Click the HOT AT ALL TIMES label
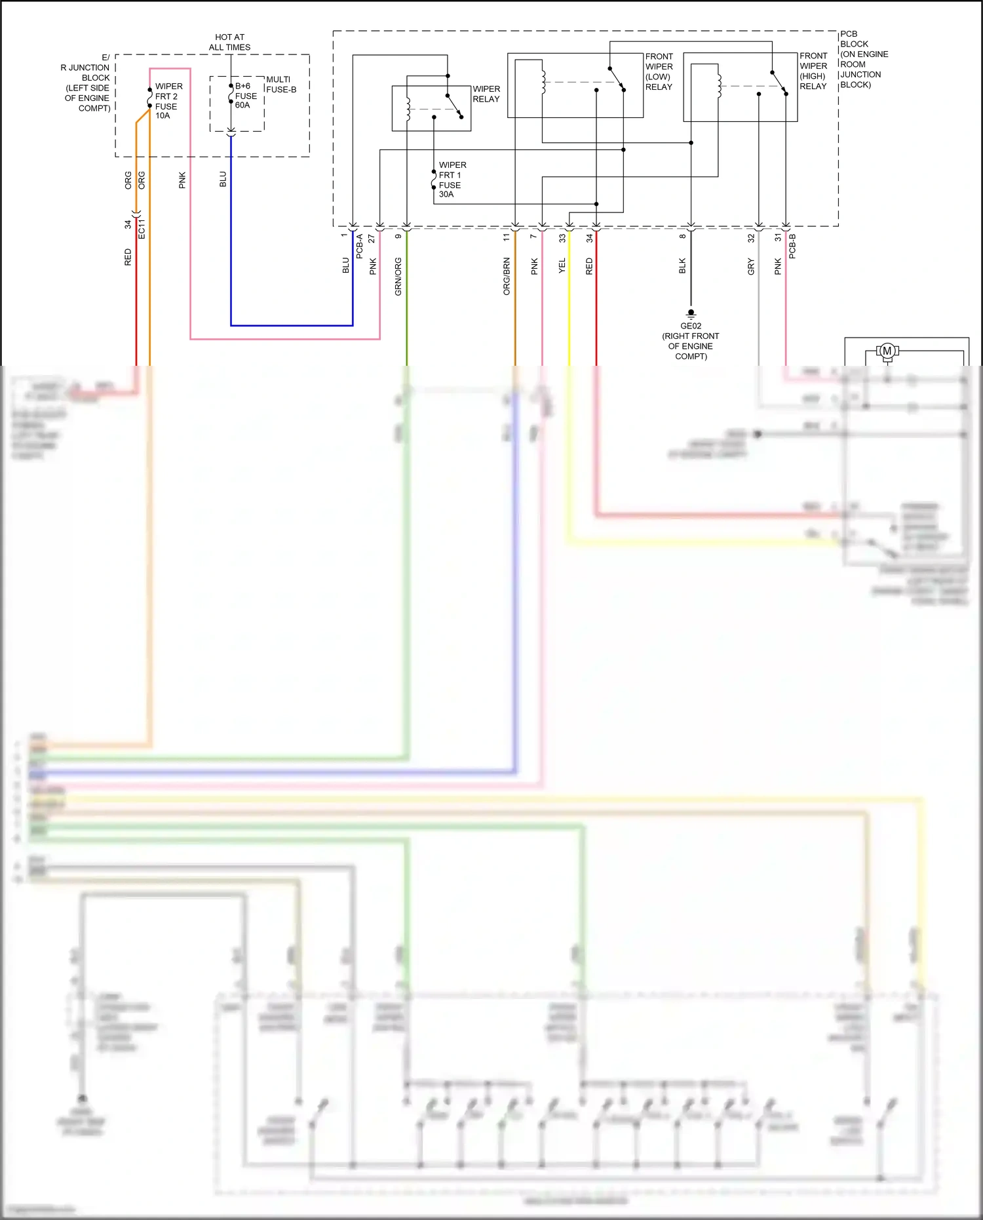pos(229,42)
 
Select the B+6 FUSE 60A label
pos(246,96)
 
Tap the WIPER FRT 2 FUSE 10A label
pos(168,101)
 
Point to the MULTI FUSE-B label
pos(281,85)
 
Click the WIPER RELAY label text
pos(486,94)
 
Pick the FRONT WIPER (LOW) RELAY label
pos(659,71)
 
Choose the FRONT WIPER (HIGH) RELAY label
pos(813,71)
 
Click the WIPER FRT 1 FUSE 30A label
pos(452,180)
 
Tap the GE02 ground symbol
pos(691,313)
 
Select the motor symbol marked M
pos(887,351)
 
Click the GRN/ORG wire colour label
pos(398,276)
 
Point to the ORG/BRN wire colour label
pos(507,276)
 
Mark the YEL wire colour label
pos(562,266)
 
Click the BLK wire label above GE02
pos(682,266)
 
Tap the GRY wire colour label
pos(751,266)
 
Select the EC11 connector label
pos(142,228)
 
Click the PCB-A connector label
pos(359,246)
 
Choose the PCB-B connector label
pos(792,246)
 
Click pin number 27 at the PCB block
pos(372,238)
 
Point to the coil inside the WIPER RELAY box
pos(408,109)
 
